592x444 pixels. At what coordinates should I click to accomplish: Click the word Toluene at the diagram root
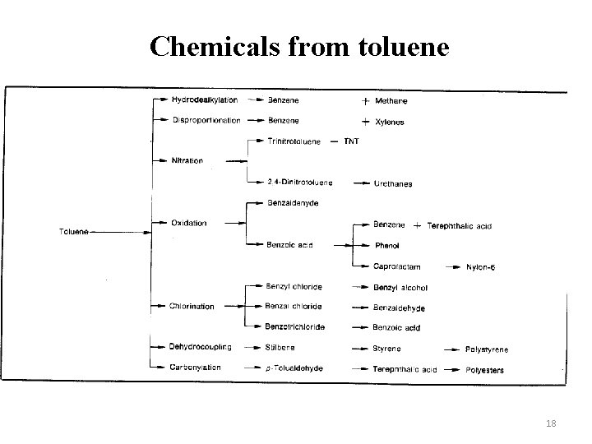[x=76, y=231]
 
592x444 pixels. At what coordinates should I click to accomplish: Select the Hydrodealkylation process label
[x=204, y=100]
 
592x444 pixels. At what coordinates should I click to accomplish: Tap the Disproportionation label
[x=206, y=121]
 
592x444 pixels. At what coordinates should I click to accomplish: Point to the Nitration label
[x=187, y=161]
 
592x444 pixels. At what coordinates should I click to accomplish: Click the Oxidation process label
[x=188, y=223]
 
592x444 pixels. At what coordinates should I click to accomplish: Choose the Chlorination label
[x=192, y=307]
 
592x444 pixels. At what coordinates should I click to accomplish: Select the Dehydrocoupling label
[x=201, y=347]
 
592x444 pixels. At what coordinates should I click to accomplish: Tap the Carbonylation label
[x=196, y=368]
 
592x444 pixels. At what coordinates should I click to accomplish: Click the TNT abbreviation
[x=352, y=141]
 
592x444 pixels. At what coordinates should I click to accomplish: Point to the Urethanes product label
[x=393, y=184]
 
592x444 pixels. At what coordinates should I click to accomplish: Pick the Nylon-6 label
[x=483, y=266]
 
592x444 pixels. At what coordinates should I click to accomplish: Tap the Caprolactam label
[x=397, y=266]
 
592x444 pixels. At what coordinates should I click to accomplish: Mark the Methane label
[x=390, y=101]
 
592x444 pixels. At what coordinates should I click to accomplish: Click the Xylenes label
[x=389, y=122]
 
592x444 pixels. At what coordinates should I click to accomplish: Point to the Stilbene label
[x=282, y=348]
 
